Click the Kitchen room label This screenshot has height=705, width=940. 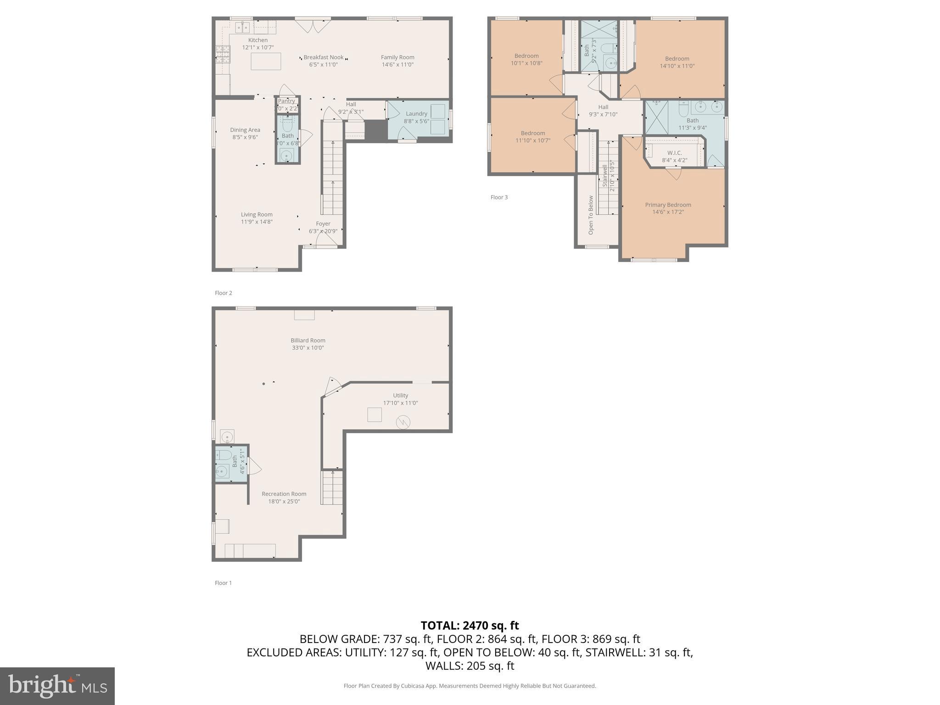257,40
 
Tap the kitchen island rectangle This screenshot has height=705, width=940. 266,61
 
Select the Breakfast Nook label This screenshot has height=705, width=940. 323,57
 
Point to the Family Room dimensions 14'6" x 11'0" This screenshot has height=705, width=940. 397,65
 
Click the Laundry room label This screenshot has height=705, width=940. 416,114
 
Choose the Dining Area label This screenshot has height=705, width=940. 245,130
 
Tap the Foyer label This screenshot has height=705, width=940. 323,224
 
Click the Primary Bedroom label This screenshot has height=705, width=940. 668,205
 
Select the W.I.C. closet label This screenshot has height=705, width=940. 674,153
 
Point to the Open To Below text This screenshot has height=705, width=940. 591,215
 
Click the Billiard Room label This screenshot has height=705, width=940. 308,341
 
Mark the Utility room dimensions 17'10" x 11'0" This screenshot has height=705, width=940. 400,403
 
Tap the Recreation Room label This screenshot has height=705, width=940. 284,494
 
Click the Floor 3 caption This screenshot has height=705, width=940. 499,197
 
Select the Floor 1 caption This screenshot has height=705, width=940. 223,583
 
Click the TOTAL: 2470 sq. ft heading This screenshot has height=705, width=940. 470,625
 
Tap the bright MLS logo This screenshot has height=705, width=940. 57,686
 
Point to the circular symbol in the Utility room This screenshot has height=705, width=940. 403,422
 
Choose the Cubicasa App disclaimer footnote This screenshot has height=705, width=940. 470,686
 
